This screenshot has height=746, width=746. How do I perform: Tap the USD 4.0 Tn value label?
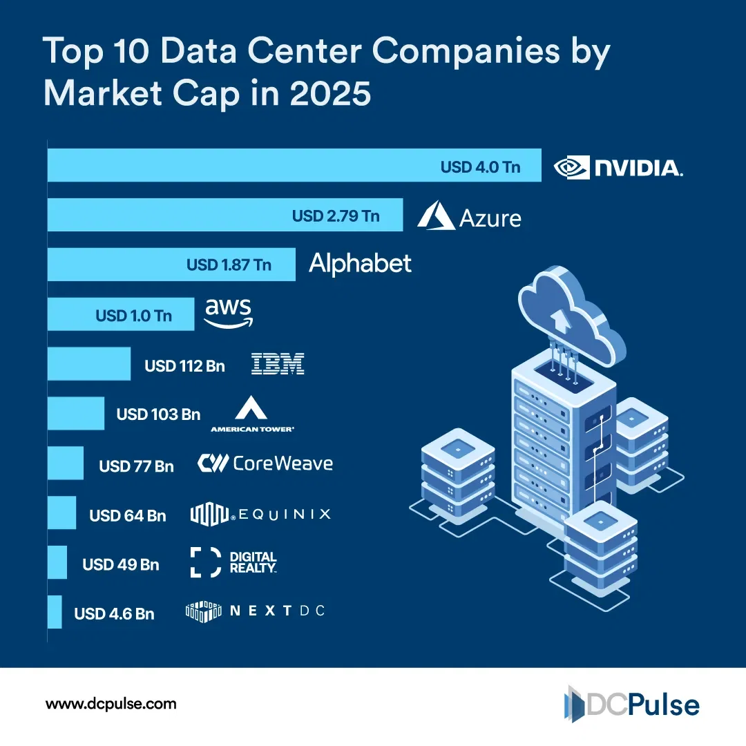coord(480,167)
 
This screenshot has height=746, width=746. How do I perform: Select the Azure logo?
coord(469,216)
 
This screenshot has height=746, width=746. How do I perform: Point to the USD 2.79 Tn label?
coord(336,216)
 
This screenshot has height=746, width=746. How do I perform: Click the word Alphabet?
coord(360,264)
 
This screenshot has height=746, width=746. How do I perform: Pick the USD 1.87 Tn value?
coord(229,265)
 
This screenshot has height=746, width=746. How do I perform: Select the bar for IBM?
coord(88,363)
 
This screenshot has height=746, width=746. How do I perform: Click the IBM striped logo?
coord(277,364)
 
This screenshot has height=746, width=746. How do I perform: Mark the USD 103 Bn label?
coord(158,414)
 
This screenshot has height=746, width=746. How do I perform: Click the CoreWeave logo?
coord(265,463)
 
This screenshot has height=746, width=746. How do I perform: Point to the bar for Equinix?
coord(61,513)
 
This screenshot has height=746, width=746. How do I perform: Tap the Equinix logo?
coord(260,514)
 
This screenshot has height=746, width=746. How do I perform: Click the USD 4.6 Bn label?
coord(114,613)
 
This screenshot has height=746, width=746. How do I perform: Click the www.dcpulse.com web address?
coord(111,705)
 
